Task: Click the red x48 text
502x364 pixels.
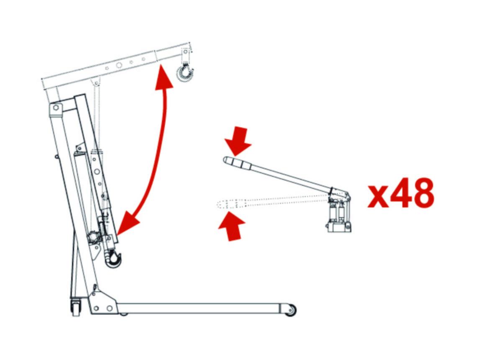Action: coord(401,193)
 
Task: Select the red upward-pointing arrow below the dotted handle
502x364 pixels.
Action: coord(232,226)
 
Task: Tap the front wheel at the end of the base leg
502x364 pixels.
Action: coord(291,310)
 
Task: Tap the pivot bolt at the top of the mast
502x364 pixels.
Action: coord(56,108)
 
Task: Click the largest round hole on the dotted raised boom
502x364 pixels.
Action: coord(119,65)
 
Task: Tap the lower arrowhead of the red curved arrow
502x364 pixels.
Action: coord(128,223)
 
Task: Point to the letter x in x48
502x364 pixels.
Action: coord(378,196)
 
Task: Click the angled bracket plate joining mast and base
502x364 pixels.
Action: coord(103,302)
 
